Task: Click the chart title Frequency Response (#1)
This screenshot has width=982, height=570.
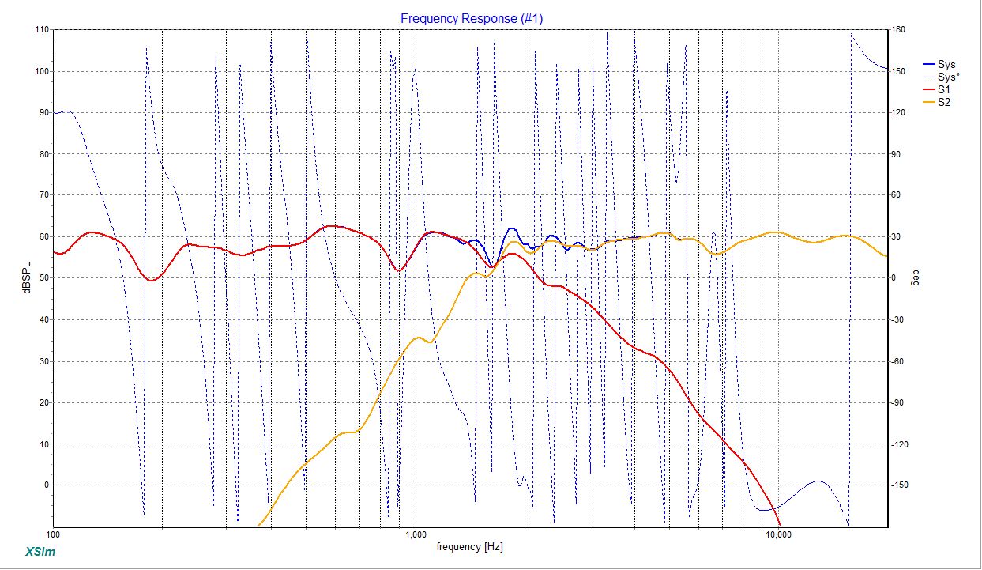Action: (472, 18)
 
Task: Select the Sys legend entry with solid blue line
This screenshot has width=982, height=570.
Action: (946, 65)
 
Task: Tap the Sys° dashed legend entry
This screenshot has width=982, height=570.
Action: (949, 77)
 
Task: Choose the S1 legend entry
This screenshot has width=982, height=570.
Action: (944, 90)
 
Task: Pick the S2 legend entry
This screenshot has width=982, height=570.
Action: (944, 103)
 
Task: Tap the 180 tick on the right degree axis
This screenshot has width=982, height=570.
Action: (900, 30)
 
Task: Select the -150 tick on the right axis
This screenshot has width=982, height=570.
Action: (901, 485)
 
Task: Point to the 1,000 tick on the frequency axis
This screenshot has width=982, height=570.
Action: (416, 535)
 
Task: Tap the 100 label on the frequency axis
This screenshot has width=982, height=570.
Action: (54, 535)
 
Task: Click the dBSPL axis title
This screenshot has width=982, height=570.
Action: (27, 277)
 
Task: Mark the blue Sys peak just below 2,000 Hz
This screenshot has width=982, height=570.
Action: (512, 228)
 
